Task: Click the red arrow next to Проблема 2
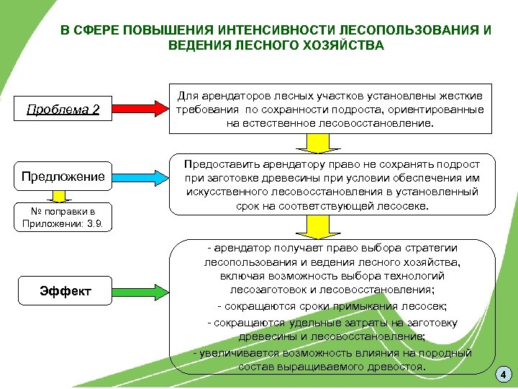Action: point(141,109)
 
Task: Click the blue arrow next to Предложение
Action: point(141,176)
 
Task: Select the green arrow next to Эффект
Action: point(141,291)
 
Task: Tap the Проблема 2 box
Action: point(63,109)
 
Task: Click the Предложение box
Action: point(63,176)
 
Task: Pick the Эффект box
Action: point(65,291)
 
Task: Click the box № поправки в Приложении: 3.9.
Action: point(63,217)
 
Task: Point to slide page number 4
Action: point(503,375)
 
